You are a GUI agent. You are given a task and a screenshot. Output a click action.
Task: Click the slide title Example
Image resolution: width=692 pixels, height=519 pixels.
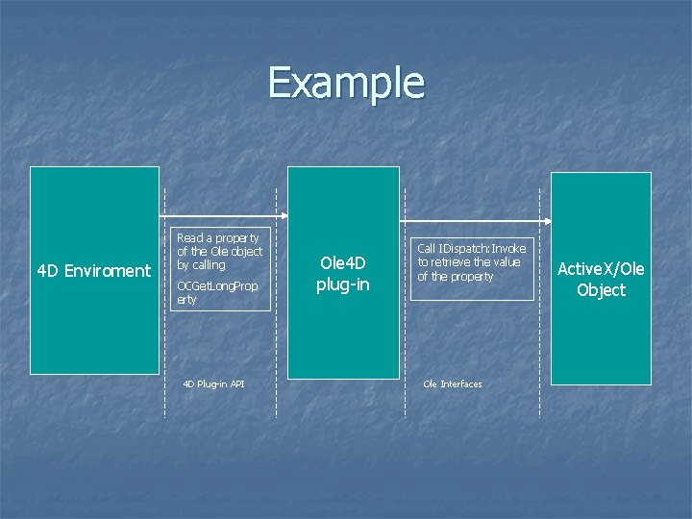[346, 83]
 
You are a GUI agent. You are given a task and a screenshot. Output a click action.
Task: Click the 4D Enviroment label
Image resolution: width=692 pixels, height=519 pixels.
[93, 271]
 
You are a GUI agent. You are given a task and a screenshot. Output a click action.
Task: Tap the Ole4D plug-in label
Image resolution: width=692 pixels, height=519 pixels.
[343, 273]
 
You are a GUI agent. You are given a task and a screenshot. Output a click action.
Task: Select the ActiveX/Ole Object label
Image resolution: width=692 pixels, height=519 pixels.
[601, 279]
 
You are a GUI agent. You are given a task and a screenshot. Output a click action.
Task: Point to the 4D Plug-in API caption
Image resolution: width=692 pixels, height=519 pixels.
[213, 383]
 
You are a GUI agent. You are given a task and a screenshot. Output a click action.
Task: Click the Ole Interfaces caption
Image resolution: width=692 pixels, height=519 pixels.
[453, 383]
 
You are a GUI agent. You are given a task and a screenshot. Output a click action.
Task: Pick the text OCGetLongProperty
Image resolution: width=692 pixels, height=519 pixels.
[217, 292]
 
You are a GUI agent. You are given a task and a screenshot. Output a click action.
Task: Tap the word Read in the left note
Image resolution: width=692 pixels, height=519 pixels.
[190, 237]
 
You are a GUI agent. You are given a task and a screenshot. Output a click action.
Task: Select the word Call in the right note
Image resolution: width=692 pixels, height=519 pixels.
[426, 248]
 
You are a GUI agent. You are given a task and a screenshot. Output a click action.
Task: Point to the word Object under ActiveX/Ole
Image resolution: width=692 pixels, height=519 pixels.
[601, 290]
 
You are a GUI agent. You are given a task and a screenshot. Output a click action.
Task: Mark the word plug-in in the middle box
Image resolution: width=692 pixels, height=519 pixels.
[343, 284]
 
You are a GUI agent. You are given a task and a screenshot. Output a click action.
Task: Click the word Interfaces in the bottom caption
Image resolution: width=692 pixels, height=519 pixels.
[462, 383]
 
